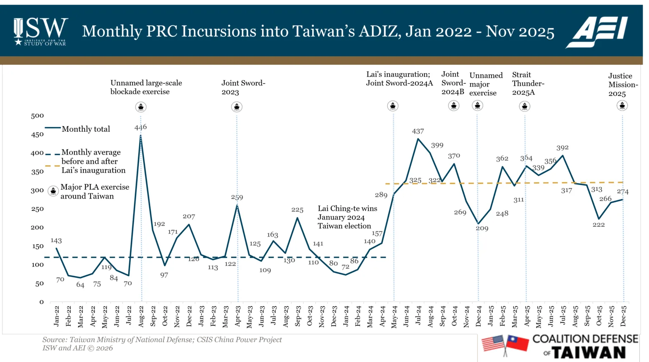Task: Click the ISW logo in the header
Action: [x=41, y=31]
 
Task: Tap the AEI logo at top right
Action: [x=597, y=32]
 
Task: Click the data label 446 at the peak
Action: [x=141, y=127]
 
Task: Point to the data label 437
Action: [x=418, y=131]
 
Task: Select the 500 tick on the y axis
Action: [x=37, y=116]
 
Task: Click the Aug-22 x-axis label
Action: [x=141, y=316]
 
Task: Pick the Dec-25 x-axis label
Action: [x=623, y=316]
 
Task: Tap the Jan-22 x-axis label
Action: [x=57, y=316]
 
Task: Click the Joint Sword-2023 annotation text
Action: [x=243, y=87]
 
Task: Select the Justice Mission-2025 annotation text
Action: [x=622, y=84]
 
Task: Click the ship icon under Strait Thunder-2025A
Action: [x=525, y=106]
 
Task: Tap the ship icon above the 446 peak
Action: [x=141, y=107]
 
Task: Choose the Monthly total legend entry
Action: [x=86, y=129]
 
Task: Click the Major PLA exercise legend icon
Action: [x=53, y=191]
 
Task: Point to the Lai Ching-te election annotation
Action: [x=347, y=217]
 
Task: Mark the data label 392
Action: [x=562, y=147]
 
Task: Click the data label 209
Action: [x=482, y=228]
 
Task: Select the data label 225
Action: [x=297, y=210]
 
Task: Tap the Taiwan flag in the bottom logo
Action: [x=517, y=343]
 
